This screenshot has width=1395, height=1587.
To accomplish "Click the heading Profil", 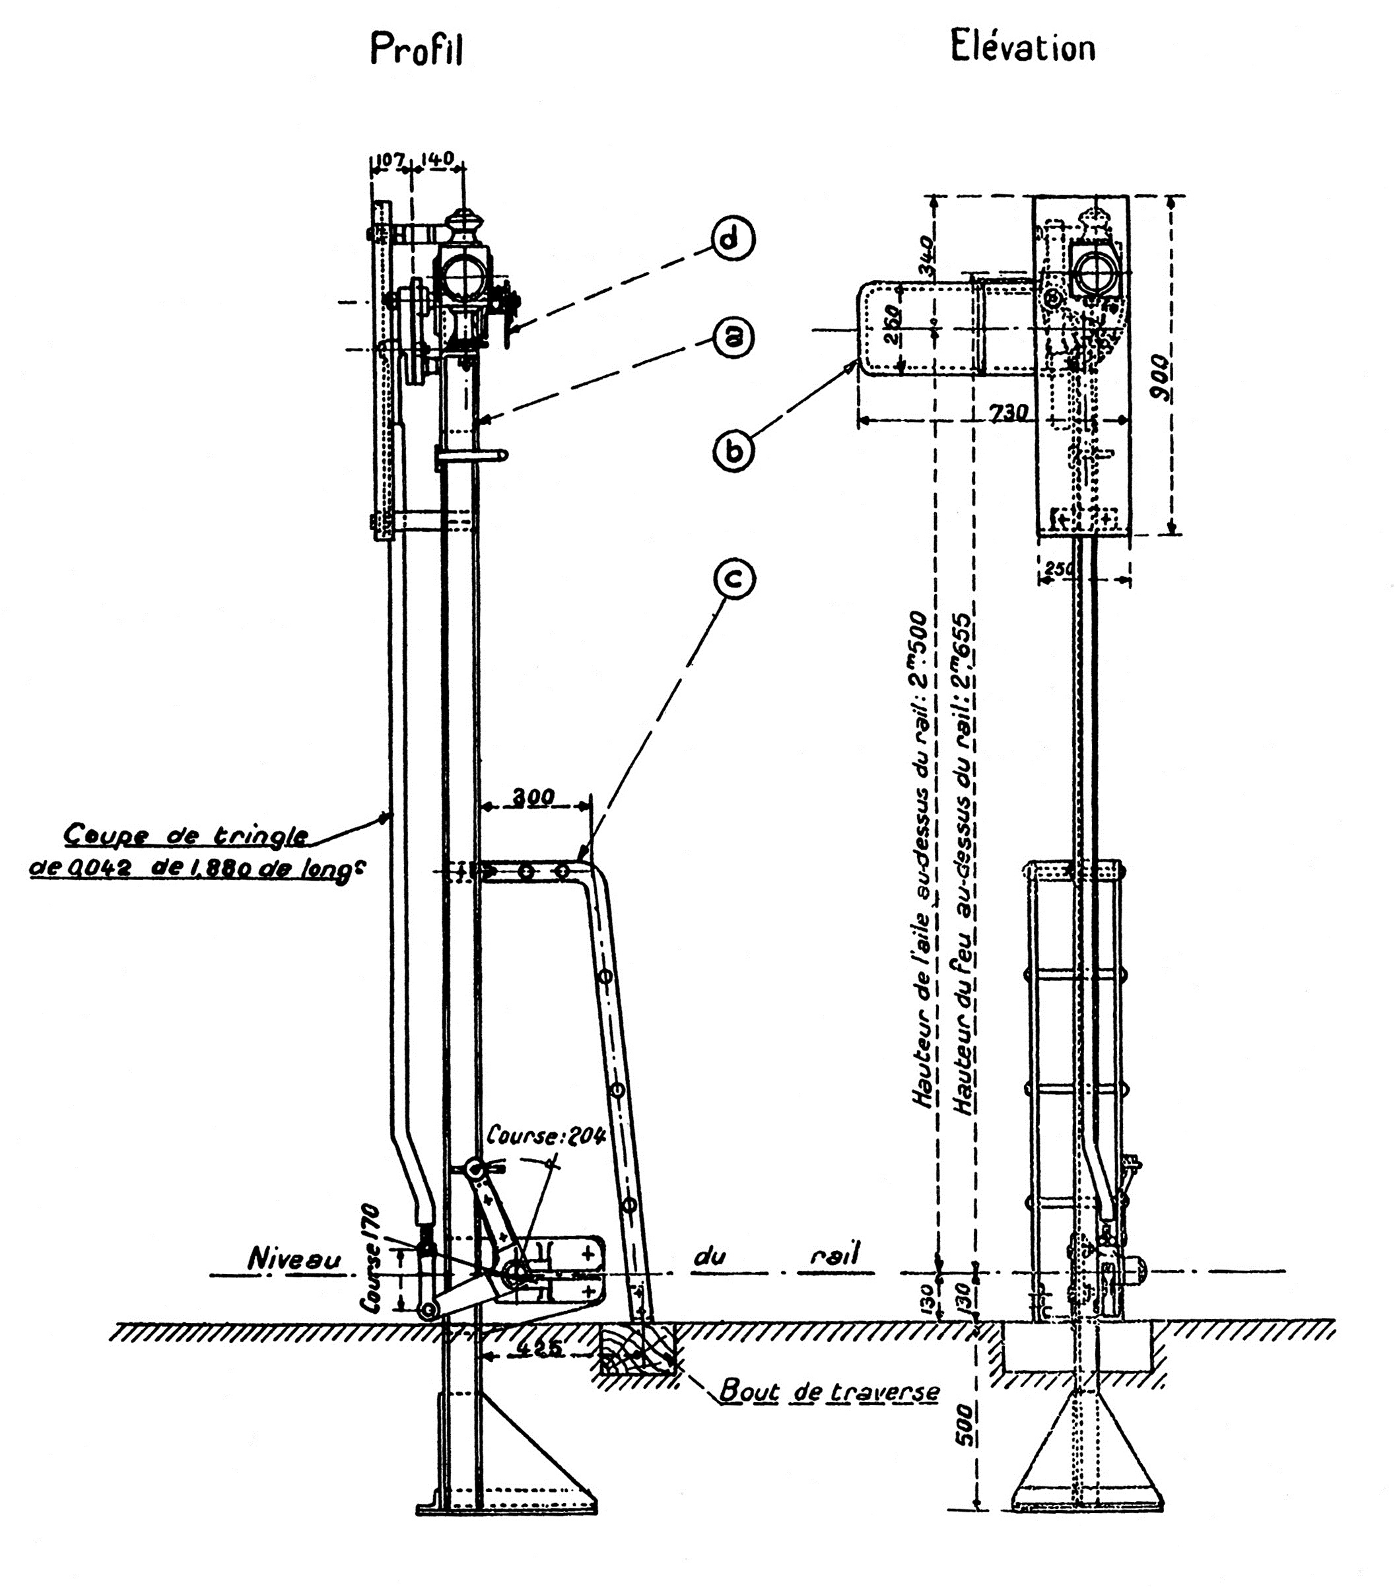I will [416, 50].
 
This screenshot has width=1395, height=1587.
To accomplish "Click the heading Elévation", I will [1023, 48].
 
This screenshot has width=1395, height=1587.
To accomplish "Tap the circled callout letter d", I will [733, 239].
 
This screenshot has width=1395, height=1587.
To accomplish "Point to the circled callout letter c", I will [733, 578].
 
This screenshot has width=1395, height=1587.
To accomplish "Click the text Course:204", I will [546, 1136].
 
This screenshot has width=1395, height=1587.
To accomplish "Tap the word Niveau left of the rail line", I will [294, 1260].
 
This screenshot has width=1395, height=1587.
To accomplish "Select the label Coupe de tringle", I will [186, 836].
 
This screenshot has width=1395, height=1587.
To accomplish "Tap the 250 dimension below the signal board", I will [1059, 568].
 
